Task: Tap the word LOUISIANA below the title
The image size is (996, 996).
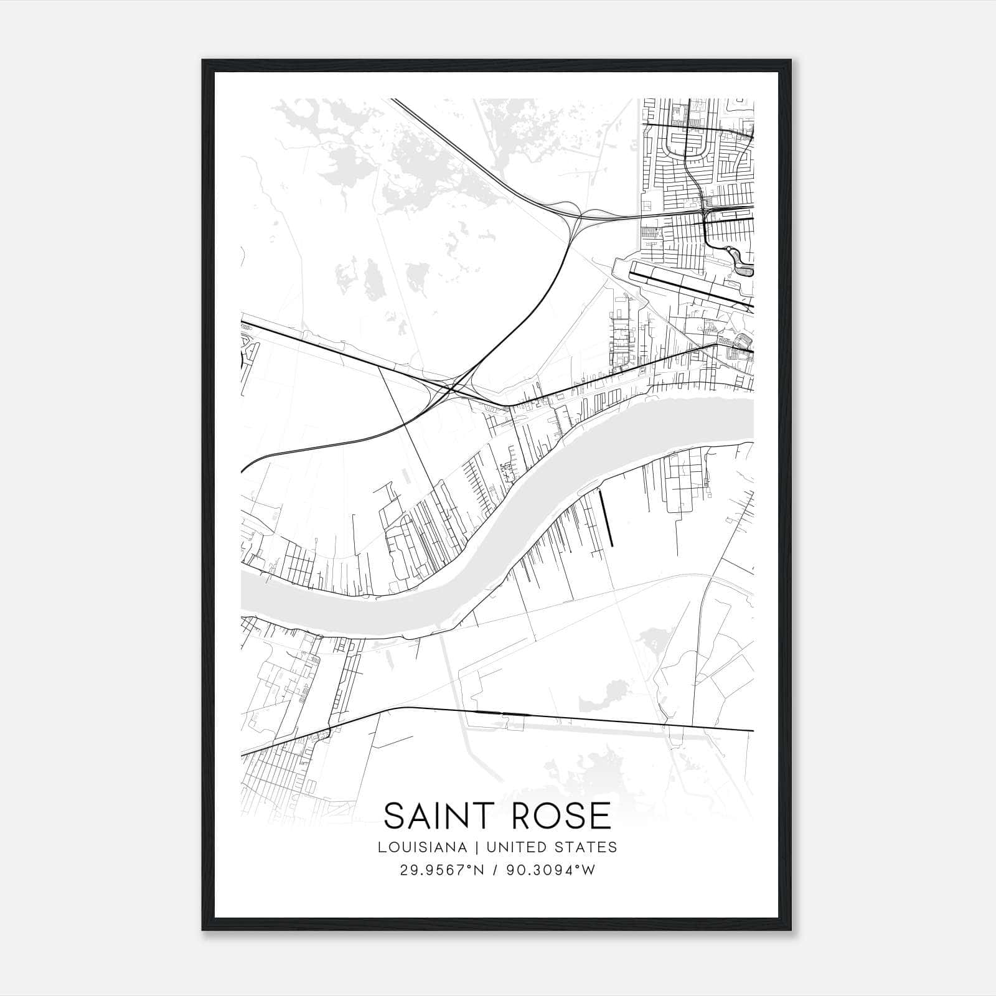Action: pos(422,847)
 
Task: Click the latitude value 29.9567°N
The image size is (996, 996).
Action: pos(441,870)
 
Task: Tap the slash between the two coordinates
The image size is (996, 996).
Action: pos(494,870)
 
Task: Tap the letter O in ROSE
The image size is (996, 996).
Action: pos(531,815)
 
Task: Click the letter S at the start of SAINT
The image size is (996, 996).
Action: pos(394,815)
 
